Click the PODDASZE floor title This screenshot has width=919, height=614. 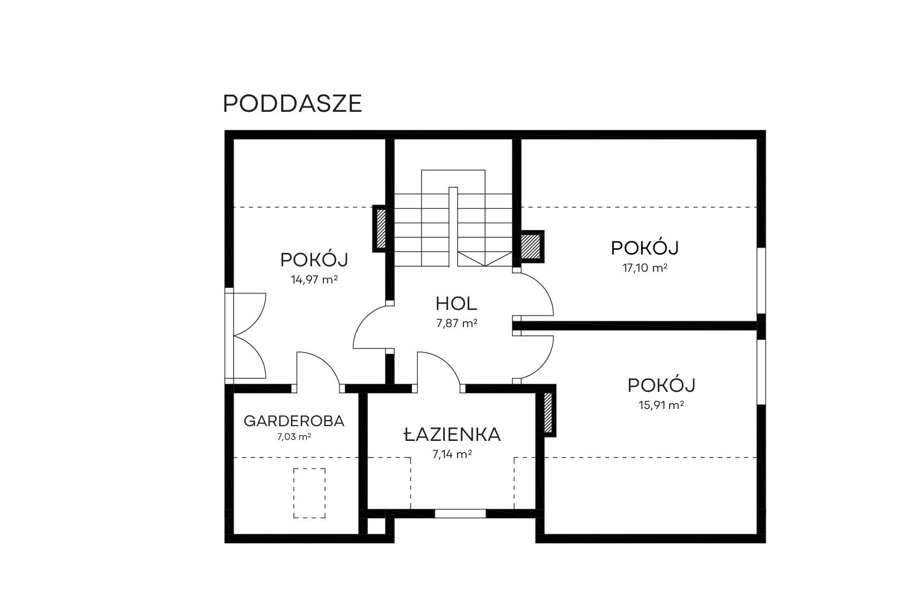point(292,103)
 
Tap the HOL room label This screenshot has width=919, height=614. point(456,304)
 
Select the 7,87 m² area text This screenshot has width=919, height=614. point(457,323)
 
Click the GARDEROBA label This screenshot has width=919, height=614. point(294,421)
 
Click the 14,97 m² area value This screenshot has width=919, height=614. point(314,280)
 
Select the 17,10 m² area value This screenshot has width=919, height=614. point(645,268)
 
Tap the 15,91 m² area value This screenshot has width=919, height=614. point(661,406)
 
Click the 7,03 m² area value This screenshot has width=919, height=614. point(294,436)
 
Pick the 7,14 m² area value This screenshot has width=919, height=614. point(452,454)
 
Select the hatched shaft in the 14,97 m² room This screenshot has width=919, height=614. point(381,229)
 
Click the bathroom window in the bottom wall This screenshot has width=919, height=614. point(460,513)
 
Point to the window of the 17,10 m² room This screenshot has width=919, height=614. point(761,281)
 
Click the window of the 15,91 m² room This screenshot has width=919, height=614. point(761,372)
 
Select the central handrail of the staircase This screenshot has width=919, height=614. point(453,227)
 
